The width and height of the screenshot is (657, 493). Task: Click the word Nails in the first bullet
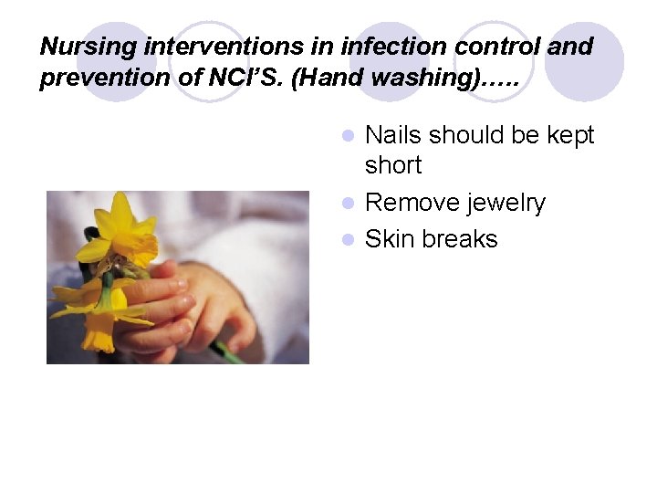(393, 135)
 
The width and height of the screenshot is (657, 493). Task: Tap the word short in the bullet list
(393, 165)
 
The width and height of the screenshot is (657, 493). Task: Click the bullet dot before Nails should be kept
(347, 136)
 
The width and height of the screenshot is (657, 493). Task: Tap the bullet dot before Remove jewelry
(347, 204)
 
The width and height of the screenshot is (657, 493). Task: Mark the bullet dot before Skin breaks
(347, 240)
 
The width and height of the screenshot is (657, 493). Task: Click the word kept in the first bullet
(570, 135)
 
